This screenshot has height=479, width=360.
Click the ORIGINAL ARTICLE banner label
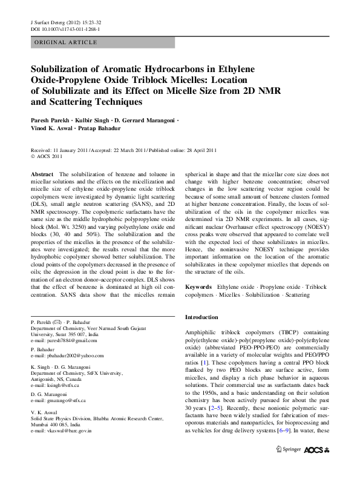(x=66, y=42)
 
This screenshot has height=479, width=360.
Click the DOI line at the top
(x=65, y=28)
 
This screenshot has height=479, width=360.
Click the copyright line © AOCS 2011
(x=50, y=156)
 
